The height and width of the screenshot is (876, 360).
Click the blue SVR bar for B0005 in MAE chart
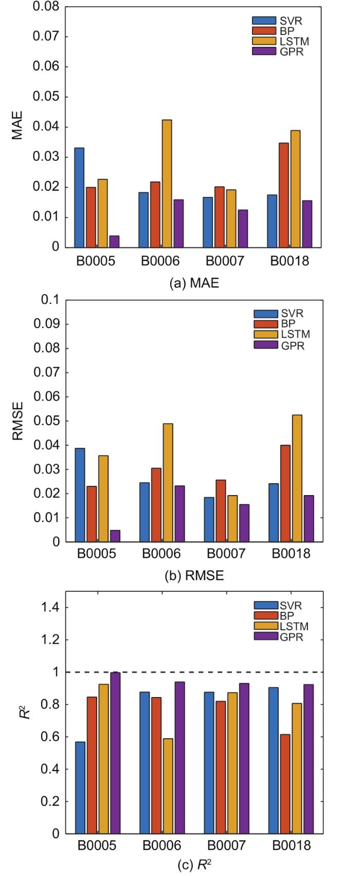(79, 197)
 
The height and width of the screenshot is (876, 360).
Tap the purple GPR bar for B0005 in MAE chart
(114, 241)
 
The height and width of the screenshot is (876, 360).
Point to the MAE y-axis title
(17, 127)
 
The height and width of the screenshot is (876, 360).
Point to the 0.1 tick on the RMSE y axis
(50, 300)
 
